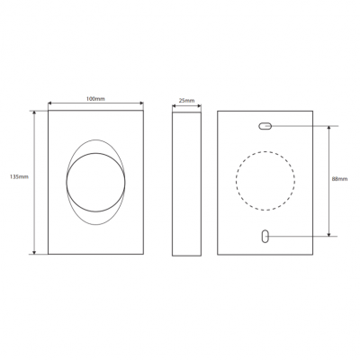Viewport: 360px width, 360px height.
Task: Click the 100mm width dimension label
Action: [95, 99]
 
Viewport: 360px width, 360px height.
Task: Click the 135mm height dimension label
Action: [19, 176]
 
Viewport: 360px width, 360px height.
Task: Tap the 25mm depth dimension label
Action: [186, 101]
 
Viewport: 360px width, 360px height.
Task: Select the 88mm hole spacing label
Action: [339, 179]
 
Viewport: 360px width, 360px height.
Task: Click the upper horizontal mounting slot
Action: [265, 126]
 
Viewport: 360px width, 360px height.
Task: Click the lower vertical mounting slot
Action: [265, 236]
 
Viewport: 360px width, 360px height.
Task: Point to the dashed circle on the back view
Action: [265, 151]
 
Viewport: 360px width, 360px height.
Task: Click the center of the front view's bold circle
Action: [95, 183]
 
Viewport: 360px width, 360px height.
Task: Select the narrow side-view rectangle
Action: [186, 184]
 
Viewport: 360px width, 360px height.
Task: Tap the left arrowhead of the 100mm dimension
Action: [50, 103]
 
